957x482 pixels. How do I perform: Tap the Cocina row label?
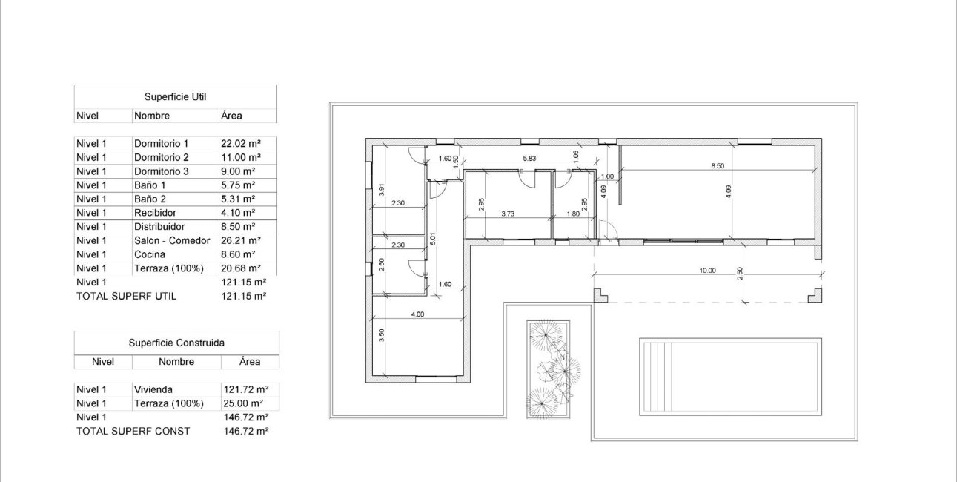pos(149,254)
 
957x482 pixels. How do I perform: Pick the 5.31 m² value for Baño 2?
pos(237,199)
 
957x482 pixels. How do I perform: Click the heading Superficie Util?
pos(175,97)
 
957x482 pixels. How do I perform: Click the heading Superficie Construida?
pos(176,343)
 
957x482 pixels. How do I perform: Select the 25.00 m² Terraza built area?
pos(243,403)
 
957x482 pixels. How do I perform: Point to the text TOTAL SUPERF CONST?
pos(133,431)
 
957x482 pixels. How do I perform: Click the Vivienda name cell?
pos(154,389)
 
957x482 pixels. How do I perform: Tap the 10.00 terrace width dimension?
pos(706,271)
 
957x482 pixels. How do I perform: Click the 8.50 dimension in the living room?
pos(718,167)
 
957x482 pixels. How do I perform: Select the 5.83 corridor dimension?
pos(529,159)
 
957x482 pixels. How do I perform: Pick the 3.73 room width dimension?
pos(508,214)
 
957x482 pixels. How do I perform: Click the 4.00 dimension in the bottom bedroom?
pos(417,314)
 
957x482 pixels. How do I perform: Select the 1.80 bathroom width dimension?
pos(573,214)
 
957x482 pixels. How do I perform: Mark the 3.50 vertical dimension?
pos(382,334)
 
